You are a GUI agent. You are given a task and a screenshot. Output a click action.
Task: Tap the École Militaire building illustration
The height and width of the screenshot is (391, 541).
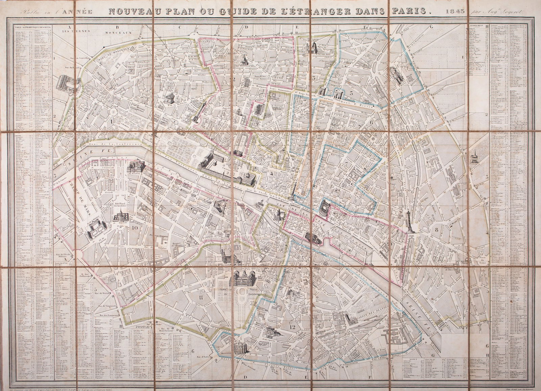click(96, 230)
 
